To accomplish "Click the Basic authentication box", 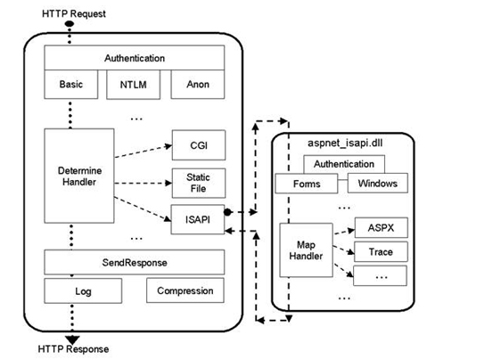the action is point(71,85).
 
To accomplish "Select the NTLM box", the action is point(134,85).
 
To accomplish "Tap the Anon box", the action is point(198,85).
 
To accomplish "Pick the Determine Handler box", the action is point(79,176).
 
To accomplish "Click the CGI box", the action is point(199,145).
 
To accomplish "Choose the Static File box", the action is point(199,183).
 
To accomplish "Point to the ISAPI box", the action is point(198,219).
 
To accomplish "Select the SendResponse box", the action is point(135,262).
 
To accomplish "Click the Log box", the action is point(83,290).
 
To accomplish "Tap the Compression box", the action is point(185,290).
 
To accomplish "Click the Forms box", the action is point(307,184).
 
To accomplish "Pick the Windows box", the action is point(378,184).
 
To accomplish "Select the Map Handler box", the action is point(307,250).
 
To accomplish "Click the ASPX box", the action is point(381,227).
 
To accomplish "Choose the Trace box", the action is point(381,251).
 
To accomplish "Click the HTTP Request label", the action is point(74,13).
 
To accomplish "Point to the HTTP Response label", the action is point(73,349).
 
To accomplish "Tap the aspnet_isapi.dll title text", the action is point(345,143).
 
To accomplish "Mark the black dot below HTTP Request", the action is point(70,24).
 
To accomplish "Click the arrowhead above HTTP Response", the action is point(72,340).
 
